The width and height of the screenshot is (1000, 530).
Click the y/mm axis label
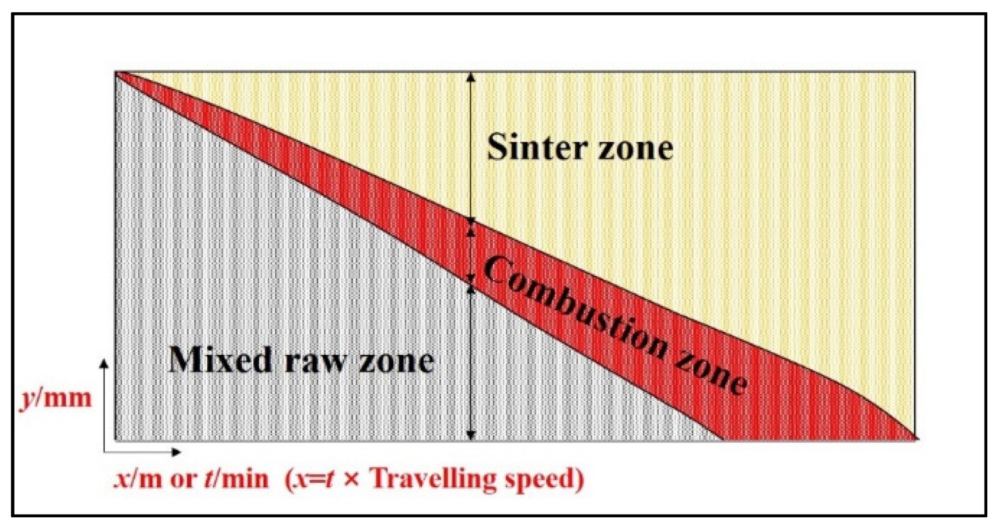tap(55, 399)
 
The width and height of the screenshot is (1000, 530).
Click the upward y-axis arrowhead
tap(104, 363)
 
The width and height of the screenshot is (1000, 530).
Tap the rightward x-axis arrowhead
tap(177, 452)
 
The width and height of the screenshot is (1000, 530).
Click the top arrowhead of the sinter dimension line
tap(471, 77)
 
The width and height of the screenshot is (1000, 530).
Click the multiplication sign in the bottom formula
tap(351, 480)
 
